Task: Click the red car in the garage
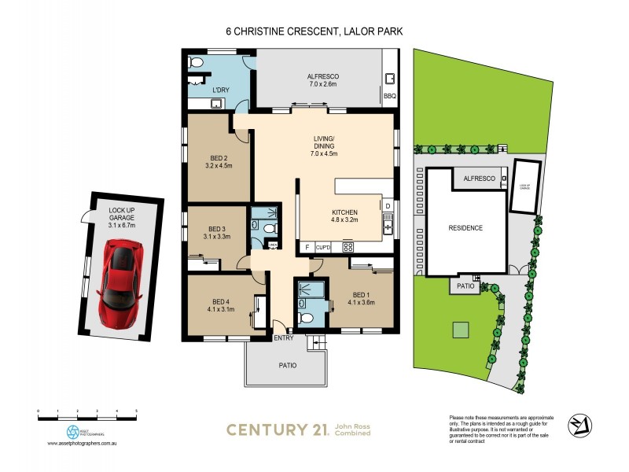click(120, 279)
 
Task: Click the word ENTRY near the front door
click(283, 338)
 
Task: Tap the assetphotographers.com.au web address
click(83, 444)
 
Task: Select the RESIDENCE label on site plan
click(465, 228)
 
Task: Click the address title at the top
click(314, 31)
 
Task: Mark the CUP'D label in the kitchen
click(323, 247)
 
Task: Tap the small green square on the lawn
click(462, 330)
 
